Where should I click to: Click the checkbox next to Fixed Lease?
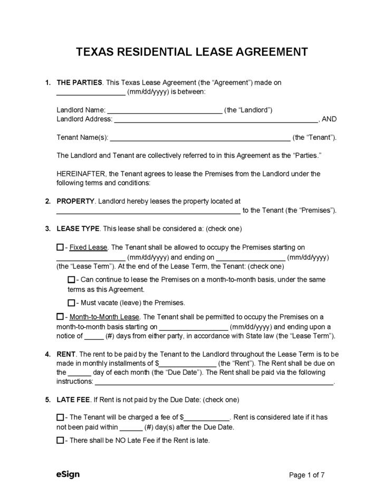click(60, 247)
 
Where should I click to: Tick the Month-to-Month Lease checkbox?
click(60, 317)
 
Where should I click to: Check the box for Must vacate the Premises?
click(71, 303)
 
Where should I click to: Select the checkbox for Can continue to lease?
click(71, 280)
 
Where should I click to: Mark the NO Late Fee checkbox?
click(60, 441)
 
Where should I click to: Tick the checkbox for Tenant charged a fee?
click(60, 417)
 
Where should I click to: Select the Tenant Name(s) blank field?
click(200, 139)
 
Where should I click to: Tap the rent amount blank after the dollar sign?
click(188, 365)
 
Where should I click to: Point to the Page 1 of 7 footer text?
click(307, 475)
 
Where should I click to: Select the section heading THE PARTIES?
click(80, 83)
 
